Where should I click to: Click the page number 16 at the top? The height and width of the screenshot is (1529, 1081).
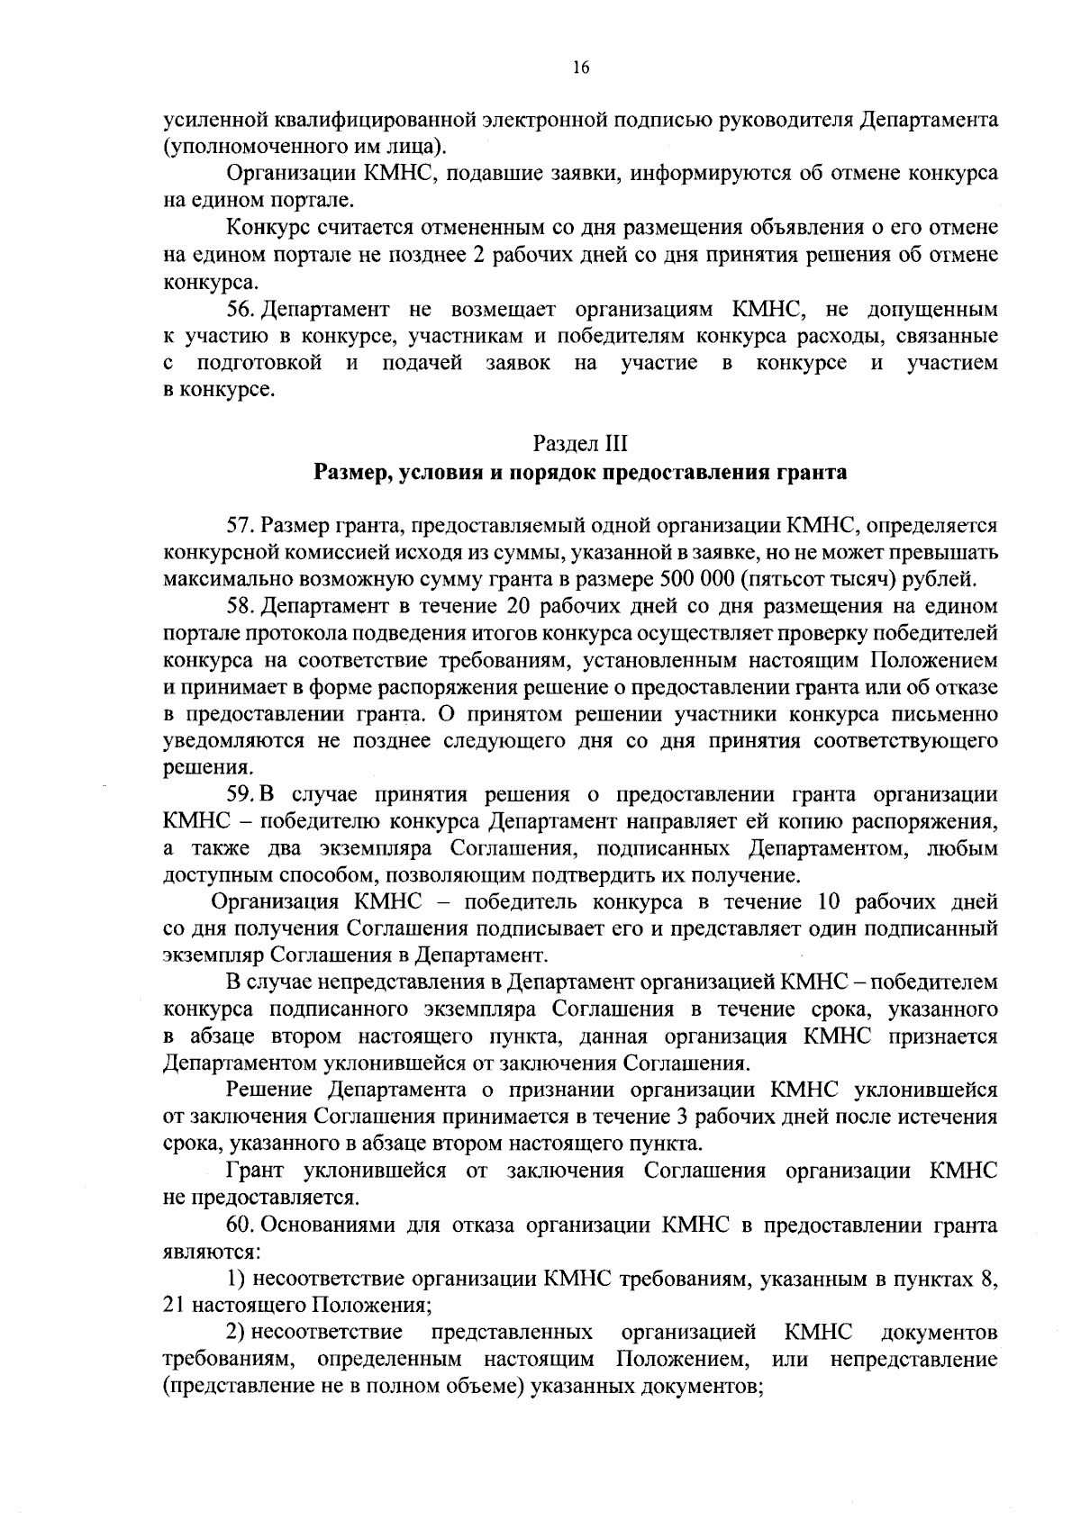click(580, 67)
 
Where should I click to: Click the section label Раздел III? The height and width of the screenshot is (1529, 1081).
click(579, 444)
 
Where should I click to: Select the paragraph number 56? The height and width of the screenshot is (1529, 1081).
click(241, 310)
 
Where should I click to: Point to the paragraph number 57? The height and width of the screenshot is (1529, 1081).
click(241, 524)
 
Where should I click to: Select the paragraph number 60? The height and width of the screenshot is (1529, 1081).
click(241, 1226)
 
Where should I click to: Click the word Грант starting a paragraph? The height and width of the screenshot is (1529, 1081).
click(255, 1172)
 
